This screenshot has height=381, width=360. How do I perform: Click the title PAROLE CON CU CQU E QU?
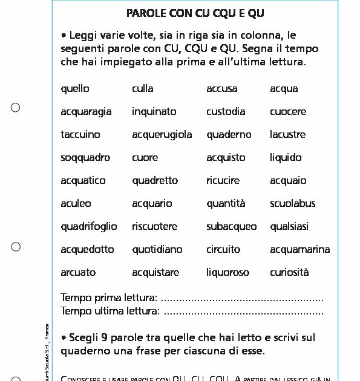pos(195,13)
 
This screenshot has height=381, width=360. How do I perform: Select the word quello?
pos(75,89)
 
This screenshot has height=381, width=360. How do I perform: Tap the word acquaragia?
pos(86,112)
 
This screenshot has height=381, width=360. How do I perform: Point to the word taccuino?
pos(80,135)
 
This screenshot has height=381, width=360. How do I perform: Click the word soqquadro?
pos(85,158)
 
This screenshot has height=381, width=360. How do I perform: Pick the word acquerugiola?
pos(162,135)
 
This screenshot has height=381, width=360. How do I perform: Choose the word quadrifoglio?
pos(89,227)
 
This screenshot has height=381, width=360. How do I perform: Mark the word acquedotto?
pos(87,250)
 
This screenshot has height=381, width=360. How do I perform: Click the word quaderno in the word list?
pos(229,135)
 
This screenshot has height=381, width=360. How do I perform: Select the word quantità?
pos(226,204)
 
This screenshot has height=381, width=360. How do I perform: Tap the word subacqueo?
pos(231,227)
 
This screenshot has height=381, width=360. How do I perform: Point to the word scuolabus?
pos(293,204)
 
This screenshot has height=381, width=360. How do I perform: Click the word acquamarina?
pos(300,250)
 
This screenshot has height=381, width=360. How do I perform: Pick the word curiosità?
pos(289,273)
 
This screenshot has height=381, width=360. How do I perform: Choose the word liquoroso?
pos(227,273)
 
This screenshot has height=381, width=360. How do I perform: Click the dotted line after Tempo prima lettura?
pos(243,299)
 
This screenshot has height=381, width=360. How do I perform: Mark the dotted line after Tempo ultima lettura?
pos(244,312)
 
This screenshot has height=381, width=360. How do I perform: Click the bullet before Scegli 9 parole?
pos(64,337)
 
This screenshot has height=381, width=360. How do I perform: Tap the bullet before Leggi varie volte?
pos(64,36)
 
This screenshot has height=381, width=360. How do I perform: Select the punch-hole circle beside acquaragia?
pos(16,108)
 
